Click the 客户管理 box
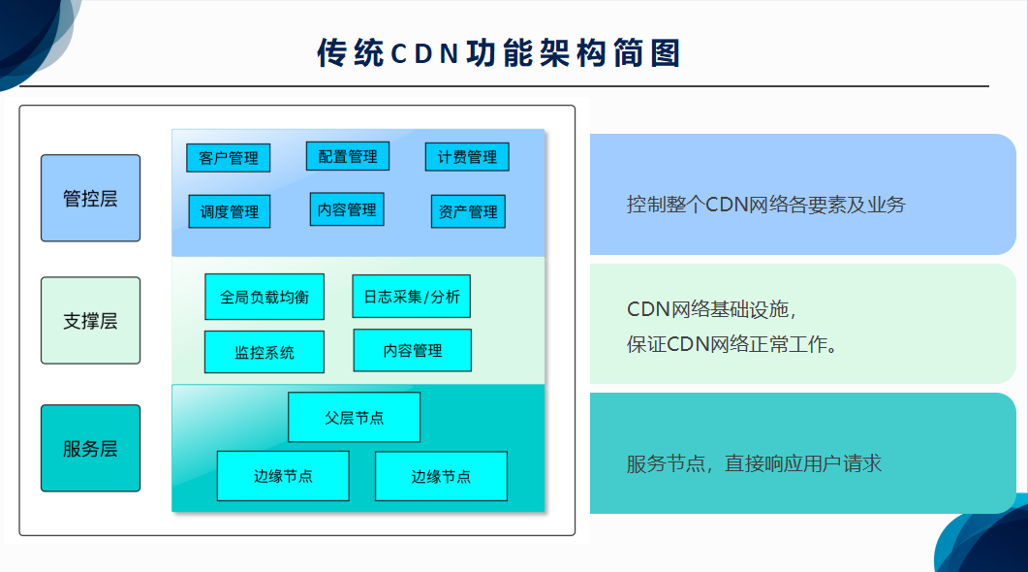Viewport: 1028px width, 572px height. coord(228,157)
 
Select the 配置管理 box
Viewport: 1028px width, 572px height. coord(348,156)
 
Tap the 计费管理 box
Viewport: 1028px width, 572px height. coord(467,157)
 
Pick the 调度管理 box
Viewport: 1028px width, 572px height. coord(230,211)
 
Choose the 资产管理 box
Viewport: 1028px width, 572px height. coord(468,211)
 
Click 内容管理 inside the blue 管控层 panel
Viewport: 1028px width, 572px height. coord(347,209)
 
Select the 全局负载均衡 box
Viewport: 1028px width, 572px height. coord(265,297)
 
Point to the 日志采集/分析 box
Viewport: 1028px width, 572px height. coord(412,297)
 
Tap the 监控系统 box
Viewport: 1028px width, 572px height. coord(265,352)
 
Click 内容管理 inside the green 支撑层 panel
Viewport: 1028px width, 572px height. coord(413,350)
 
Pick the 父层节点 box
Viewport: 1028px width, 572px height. coord(354,417)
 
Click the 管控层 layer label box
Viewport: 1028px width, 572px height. coord(90,198)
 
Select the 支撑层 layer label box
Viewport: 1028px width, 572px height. coord(90,320)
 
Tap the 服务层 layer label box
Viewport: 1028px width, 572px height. coord(90,448)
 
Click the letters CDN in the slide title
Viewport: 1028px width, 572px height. coord(424,53)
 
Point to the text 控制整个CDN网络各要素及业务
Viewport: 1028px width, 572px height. coord(765,205)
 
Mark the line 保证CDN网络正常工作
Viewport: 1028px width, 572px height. coord(732,344)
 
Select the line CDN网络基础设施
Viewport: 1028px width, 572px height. coord(711,309)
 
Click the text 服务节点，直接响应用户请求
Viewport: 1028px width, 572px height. coord(754,463)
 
